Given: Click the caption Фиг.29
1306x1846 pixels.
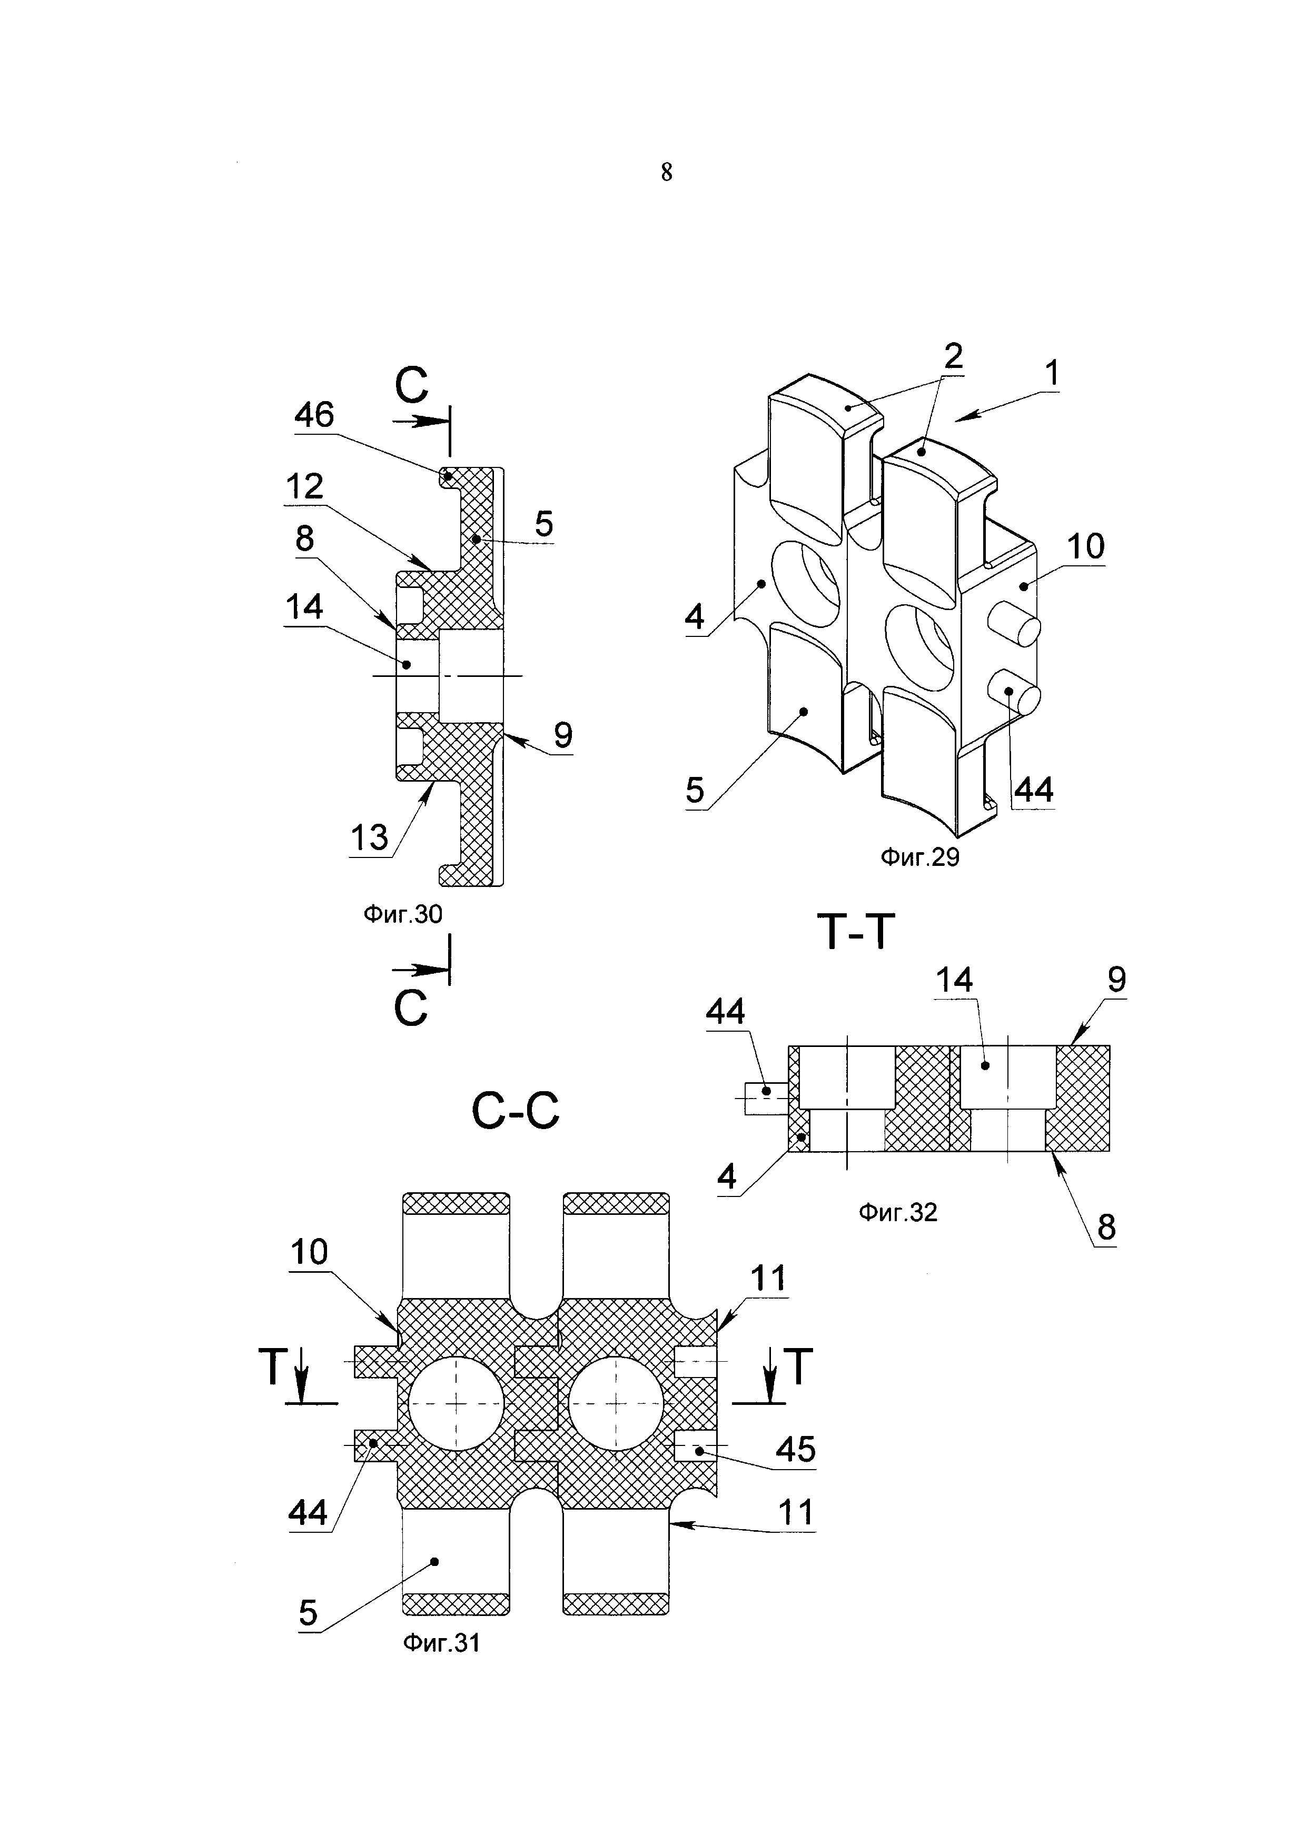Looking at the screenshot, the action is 919,858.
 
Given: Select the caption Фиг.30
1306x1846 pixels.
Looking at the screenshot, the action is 403,914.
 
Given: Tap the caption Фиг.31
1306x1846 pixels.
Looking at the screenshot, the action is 441,1643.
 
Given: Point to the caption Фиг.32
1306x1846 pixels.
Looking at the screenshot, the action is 897,1212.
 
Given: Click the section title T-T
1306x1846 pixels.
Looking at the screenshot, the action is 856,933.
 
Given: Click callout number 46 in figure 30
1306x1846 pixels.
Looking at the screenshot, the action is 314,415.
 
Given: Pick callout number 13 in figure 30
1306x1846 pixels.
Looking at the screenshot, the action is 369,839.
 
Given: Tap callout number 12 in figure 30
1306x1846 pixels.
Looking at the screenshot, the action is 304,486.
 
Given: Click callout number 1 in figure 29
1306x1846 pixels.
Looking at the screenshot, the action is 1051,374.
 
